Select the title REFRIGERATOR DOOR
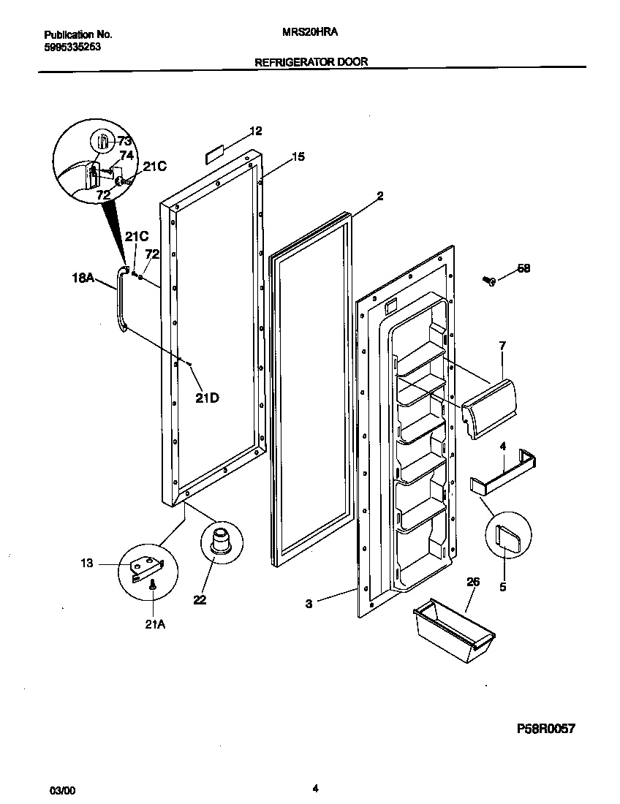[311, 62]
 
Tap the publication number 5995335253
[72, 45]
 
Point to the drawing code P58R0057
[546, 729]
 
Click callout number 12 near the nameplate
[255, 131]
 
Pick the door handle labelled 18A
[118, 300]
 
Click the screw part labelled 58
[488, 280]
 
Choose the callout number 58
[523, 269]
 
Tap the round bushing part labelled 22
[216, 542]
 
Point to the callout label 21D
[207, 398]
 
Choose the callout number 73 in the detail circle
[124, 140]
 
